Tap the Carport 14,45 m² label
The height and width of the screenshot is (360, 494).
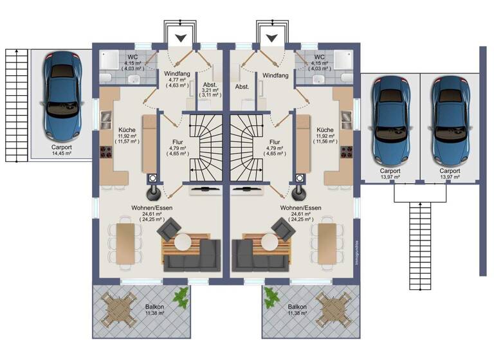point(62,150)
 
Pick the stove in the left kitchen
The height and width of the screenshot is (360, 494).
point(105,152)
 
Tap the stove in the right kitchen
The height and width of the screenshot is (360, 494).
point(347,152)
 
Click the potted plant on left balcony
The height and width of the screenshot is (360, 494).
point(183,297)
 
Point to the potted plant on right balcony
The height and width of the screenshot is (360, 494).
point(271,297)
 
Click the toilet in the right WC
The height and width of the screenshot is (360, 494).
point(317,78)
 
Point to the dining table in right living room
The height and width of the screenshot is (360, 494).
point(327,243)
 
